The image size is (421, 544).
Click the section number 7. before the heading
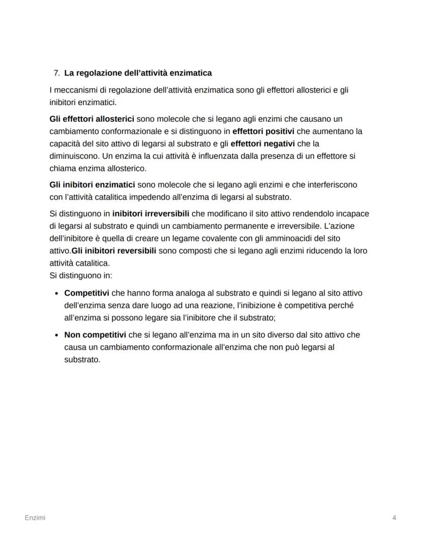(x=56, y=73)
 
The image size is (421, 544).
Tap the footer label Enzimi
(x=35, y=518)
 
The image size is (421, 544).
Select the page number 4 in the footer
(x=394, y=518)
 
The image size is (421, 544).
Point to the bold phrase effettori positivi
(x=263, y=131)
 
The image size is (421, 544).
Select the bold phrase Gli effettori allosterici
(x=92, y=119)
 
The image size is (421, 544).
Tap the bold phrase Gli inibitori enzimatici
(x=92, y=185)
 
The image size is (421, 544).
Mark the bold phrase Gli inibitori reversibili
(x=114, y=250)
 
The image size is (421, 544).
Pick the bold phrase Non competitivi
(x=95, y=335)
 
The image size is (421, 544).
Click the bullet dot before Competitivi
(x=56, y=294)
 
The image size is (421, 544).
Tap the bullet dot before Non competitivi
(x=56, y=335)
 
